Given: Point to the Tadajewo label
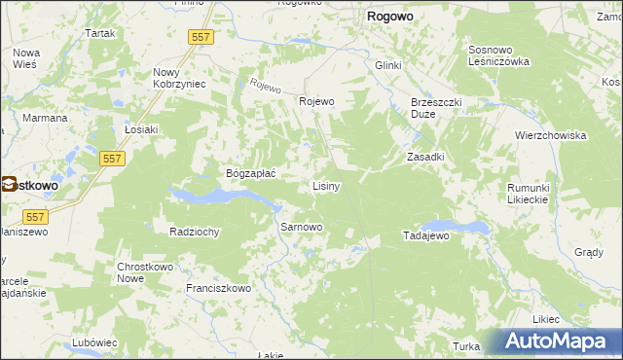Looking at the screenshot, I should click(x=424, y=236).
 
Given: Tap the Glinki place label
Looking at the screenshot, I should click(x=388, y=64).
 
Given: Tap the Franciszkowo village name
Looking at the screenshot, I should click(x=218, y=288).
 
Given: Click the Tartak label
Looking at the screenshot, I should click(x=99, y=33).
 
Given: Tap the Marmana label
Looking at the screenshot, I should click(x=45, y=118).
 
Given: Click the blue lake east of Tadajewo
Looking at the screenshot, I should click(x=467, y=228).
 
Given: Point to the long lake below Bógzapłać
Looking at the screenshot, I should click(x=219, y=196).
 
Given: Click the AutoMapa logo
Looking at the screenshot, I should click(x=560, y=342).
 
